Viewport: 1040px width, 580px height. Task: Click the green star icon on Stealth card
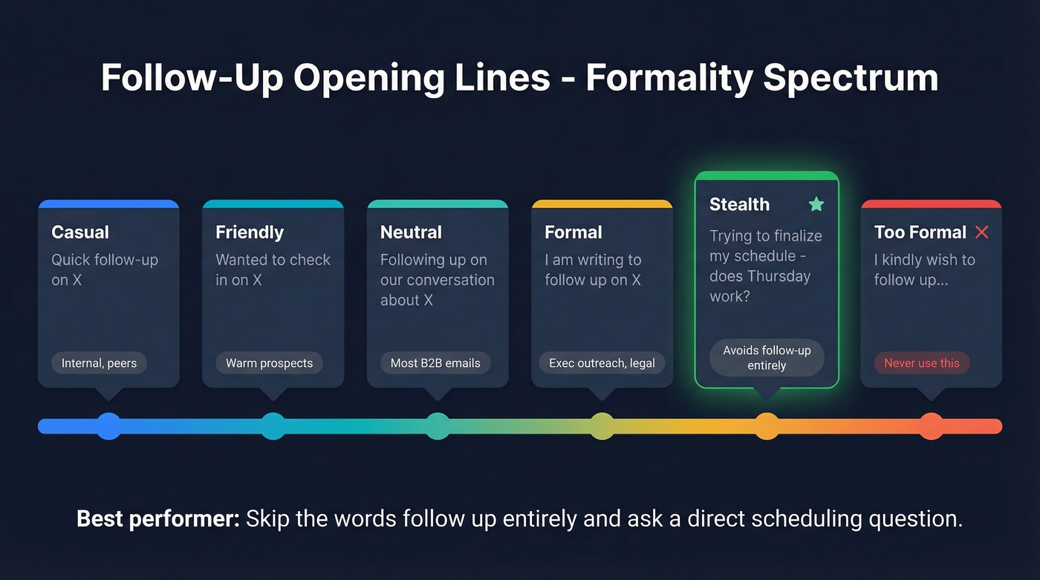pos(816,204)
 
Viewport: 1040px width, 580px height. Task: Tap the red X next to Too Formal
pos(981,232)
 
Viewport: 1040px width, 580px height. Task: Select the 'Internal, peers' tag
pos(99,363)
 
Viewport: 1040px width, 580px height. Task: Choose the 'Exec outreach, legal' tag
pos(602,363)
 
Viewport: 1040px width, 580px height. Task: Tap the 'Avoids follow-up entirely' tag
pos(767,358)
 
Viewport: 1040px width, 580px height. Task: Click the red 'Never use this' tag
pos(922,363)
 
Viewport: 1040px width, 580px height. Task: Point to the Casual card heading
pos(80,232)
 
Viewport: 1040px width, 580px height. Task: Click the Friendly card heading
pos(250,232)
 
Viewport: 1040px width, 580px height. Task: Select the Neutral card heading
pos(411,232)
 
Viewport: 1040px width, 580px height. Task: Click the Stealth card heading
pos(739,204)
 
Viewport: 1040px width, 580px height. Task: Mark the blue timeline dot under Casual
pos(109,426)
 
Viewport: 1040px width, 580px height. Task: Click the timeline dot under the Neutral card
pos(438,426)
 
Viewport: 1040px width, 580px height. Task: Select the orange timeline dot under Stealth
pos(767,426)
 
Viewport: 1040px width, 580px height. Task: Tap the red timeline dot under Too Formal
pos(931,426)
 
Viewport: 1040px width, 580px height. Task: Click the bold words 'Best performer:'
pos(157,518)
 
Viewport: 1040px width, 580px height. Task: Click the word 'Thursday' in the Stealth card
pos(778,276)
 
